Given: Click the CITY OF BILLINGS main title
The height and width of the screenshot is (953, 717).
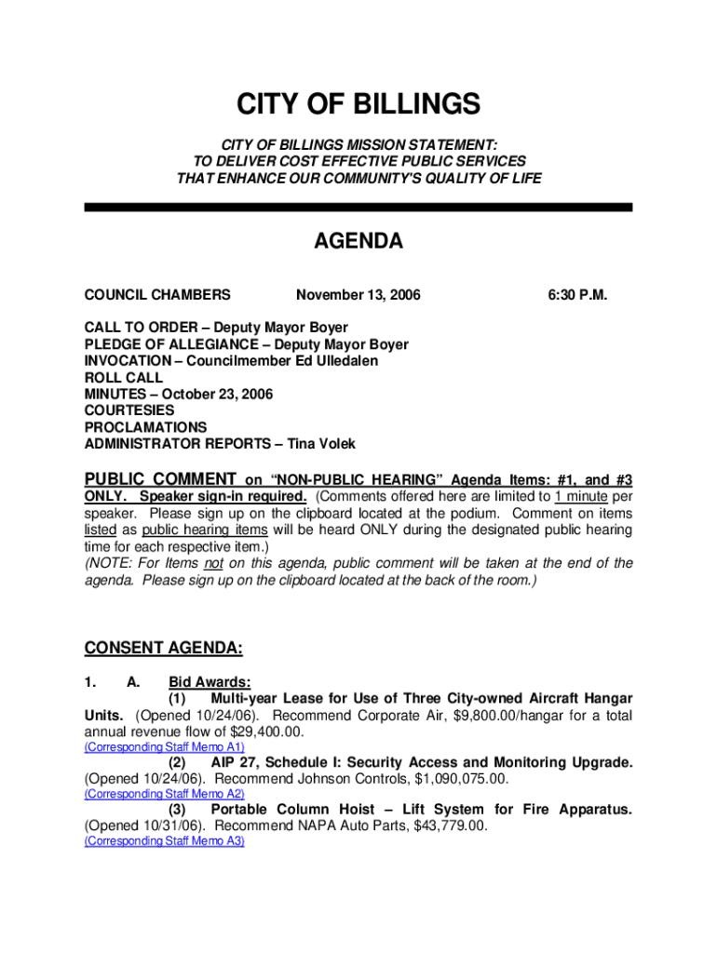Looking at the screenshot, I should (358, 104).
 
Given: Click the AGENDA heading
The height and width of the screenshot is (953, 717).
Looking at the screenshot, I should (358, 242).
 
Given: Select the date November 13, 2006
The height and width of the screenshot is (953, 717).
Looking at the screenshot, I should (358, 295).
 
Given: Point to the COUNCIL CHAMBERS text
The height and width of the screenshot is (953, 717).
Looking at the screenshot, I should (157, 295).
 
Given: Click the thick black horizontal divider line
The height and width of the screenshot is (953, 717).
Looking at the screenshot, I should (358, 208).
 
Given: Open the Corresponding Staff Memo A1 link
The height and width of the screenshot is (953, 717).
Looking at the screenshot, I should (164, 747).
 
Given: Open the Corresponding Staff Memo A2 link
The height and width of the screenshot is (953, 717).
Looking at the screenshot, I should (164, 794).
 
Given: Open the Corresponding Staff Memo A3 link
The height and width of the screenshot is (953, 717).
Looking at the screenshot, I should (164, 840).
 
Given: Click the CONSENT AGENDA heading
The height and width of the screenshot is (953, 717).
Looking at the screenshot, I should (164, 648).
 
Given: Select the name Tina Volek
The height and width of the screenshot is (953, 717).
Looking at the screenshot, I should (321, 444).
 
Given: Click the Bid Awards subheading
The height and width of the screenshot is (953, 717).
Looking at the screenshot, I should (210, 682).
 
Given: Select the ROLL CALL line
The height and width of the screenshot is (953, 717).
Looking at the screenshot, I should (124, 378).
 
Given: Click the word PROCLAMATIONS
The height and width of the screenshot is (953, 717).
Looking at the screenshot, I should (146, 427).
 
